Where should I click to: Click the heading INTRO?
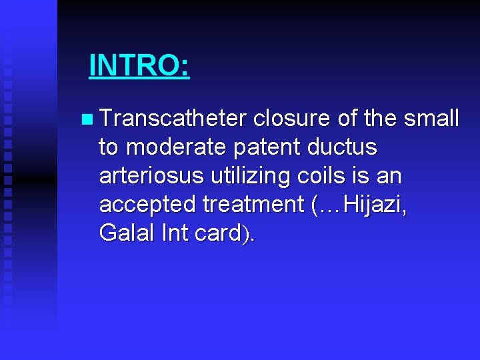coord(139,65)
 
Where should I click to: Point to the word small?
coord(431,119)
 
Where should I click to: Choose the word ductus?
coord(349,147)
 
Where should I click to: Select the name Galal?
coord(125,233)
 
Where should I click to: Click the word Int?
coord(175,233)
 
